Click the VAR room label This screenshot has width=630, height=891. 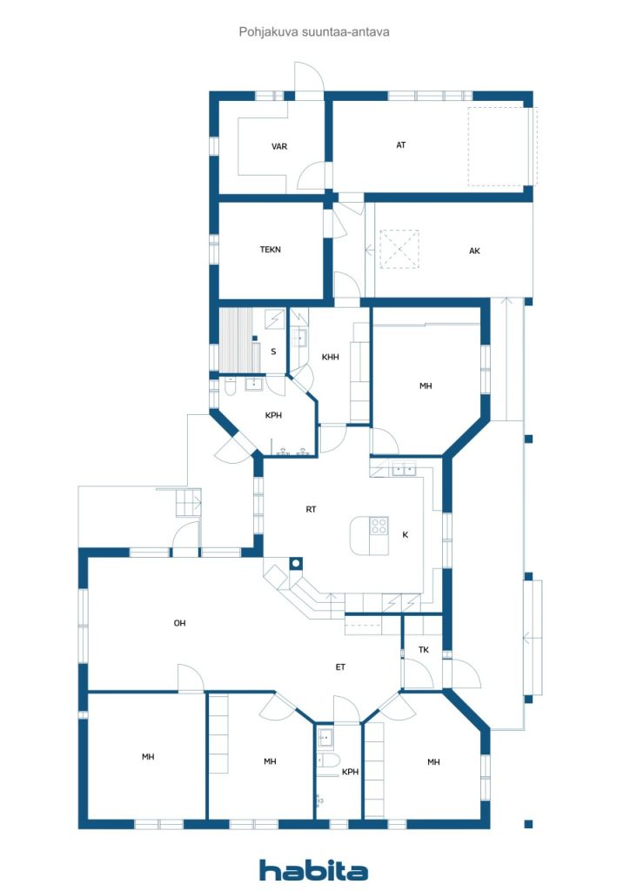pos(279,146)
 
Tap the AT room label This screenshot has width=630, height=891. pos(401,145)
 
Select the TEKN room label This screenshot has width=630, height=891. pos(271,250)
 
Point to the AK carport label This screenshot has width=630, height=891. pos(474,251)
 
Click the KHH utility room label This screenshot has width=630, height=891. pos(330,358)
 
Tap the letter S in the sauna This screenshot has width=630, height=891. pos(273,352)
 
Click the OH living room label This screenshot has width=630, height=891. pos(180,623)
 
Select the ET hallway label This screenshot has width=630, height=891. pos(341,667)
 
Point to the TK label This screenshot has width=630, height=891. pos(424,650)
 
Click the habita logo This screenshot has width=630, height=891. pos(313,869)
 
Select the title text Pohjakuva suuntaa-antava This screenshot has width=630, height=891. pos(313,31)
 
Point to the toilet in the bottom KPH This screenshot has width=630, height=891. pos(329,763)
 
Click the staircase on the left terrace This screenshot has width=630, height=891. pos(188,503)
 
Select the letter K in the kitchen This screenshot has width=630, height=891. pos(405,535)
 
